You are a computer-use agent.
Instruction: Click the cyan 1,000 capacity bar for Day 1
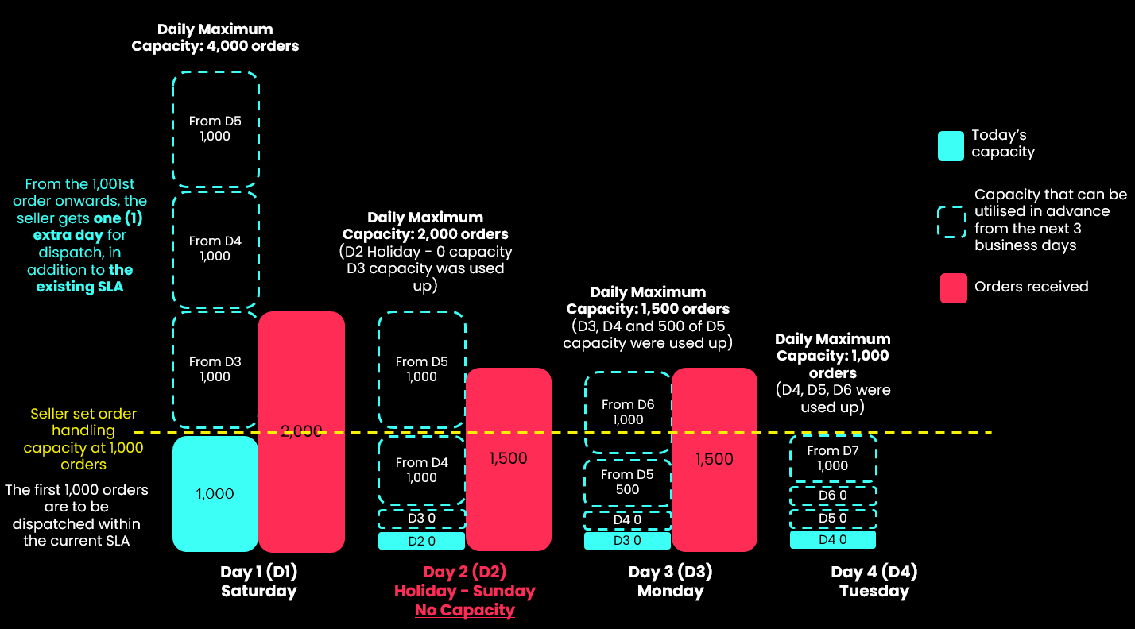click(215, 493)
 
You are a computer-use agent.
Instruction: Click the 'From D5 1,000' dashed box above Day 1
click(215, 129)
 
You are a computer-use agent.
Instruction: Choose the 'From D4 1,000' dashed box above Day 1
click(215, 249)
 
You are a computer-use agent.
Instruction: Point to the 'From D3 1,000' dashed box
click(215, 369)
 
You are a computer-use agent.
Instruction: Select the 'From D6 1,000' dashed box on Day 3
click(628, 411)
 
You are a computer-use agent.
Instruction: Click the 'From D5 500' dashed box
click(628, 482)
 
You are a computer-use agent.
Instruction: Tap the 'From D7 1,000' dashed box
click(833, 458)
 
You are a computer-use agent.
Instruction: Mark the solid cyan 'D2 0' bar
click(421, 541)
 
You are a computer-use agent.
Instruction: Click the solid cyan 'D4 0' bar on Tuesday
click(833, 540)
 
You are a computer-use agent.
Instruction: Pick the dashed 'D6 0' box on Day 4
click(833, 496)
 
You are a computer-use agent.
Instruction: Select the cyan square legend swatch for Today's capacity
click(951, 146)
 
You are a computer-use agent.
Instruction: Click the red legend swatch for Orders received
click(953, 288)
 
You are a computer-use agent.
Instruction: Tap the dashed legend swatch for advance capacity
click(951, 222)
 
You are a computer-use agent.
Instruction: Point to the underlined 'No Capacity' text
click(465, 610)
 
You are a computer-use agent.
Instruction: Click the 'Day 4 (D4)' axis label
click(874, 572)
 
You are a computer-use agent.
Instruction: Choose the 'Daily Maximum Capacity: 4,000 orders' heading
click(215, 37)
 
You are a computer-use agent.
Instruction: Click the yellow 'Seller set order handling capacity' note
click(83, 438)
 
